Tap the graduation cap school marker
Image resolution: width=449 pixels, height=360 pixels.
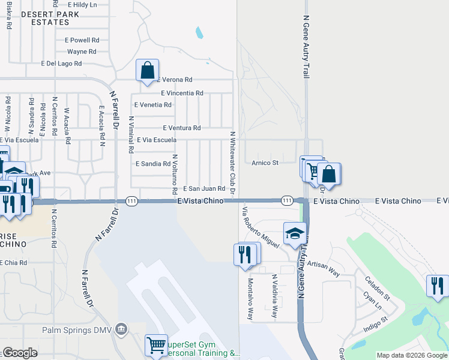click(x=295, y=233)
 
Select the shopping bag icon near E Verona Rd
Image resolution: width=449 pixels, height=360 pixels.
click(x=147, y=71)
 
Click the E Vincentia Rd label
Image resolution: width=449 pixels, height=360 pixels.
click(x=182, y=93)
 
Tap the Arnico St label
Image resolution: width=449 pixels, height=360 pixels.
click(x=265, y=163)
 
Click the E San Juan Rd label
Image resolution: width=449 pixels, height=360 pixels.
click(x=204, y=188)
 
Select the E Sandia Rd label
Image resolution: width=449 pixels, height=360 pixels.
click(x=153, y=163)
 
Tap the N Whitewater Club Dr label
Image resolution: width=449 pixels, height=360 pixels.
click(x=232, y=163)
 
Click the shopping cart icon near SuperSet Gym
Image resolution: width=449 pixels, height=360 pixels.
click(x=156, y=345)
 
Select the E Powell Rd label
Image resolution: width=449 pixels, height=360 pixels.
click(x=82, y=40)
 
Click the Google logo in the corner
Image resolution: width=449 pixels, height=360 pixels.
click(x=19, y=353)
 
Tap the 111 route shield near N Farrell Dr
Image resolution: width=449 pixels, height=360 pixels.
click(x=131, y=201)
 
